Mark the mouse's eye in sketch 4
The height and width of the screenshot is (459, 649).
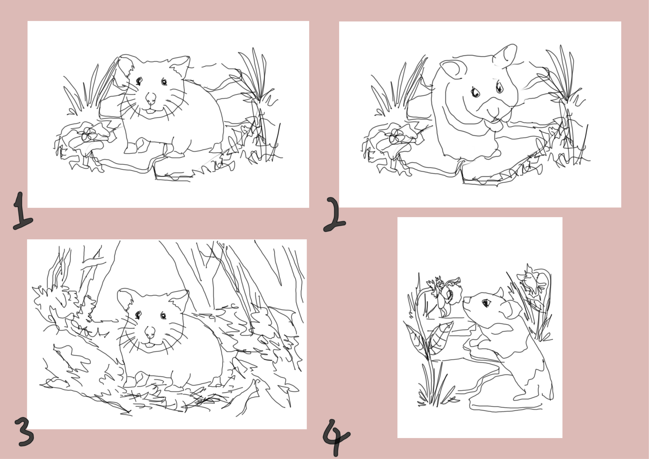click(486, 303)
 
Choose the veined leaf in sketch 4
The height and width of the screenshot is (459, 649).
click(440, 338)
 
